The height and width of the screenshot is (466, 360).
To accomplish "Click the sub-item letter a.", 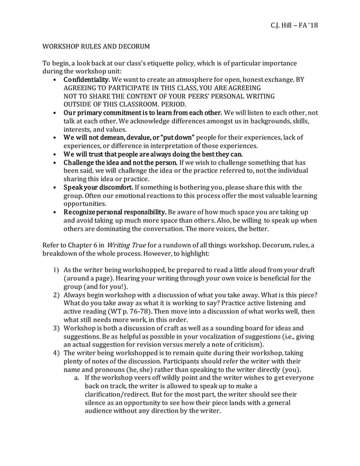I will click(76, 378).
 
